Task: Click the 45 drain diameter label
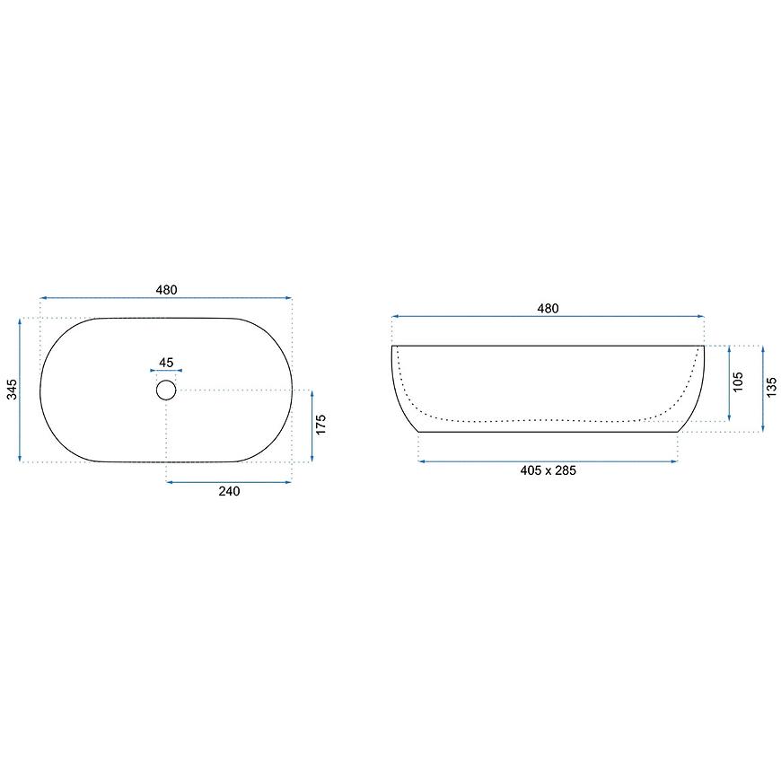point(166,362)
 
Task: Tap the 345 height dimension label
point(12,389)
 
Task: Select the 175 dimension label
point(320,424)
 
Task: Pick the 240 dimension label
point(229,491)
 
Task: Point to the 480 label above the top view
point(166,290)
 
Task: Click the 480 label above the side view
point(548,308)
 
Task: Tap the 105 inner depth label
point(738,382)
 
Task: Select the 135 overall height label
point(771,388)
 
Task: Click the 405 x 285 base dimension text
point(548,470)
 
